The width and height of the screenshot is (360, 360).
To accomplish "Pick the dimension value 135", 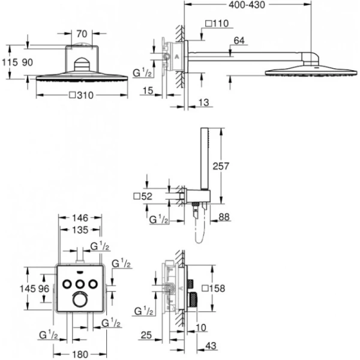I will pos(80,230).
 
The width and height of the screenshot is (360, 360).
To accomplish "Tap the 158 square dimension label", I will pos(215,289).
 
